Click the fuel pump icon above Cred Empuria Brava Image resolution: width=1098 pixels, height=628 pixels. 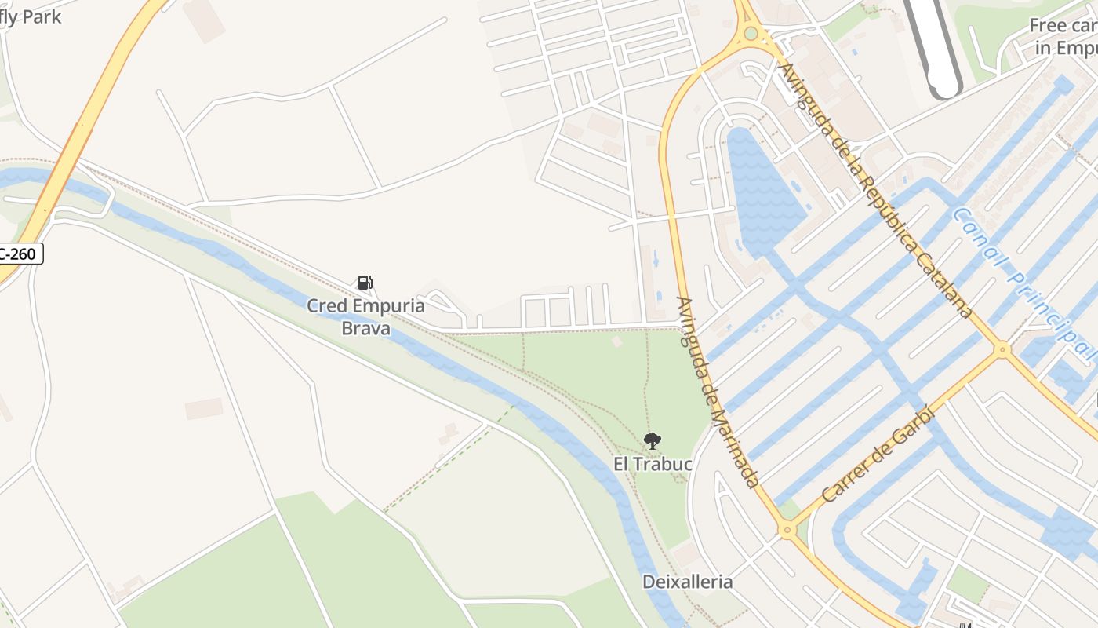tap(365, 283)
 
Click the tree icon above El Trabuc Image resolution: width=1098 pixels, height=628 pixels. tap(652, 441)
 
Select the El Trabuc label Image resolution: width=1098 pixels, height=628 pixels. tap(653, 464)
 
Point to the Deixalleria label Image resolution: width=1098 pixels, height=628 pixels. tap(687, 582)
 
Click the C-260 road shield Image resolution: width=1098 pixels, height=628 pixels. tap(20, 254)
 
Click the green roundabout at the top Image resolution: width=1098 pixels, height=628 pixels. tap(751, 33)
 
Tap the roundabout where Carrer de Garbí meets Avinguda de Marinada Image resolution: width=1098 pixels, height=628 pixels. tap(787, 531)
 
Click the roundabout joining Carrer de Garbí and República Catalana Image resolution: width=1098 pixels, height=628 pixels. tap(1002, 349)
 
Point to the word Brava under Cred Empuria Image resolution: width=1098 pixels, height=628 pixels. tap(365, 328)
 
